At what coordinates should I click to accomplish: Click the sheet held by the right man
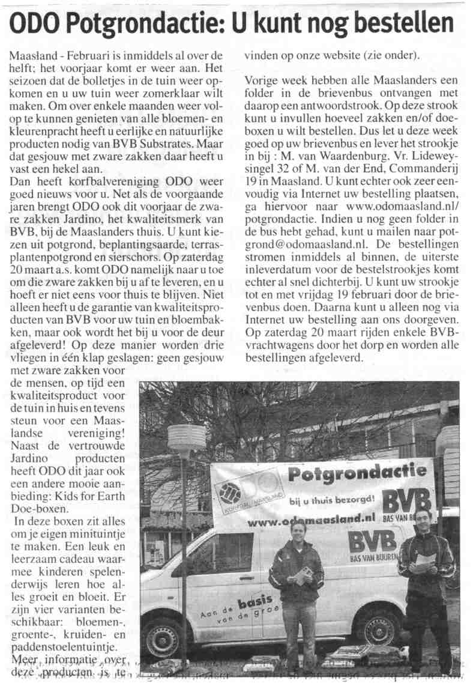point(425,561)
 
